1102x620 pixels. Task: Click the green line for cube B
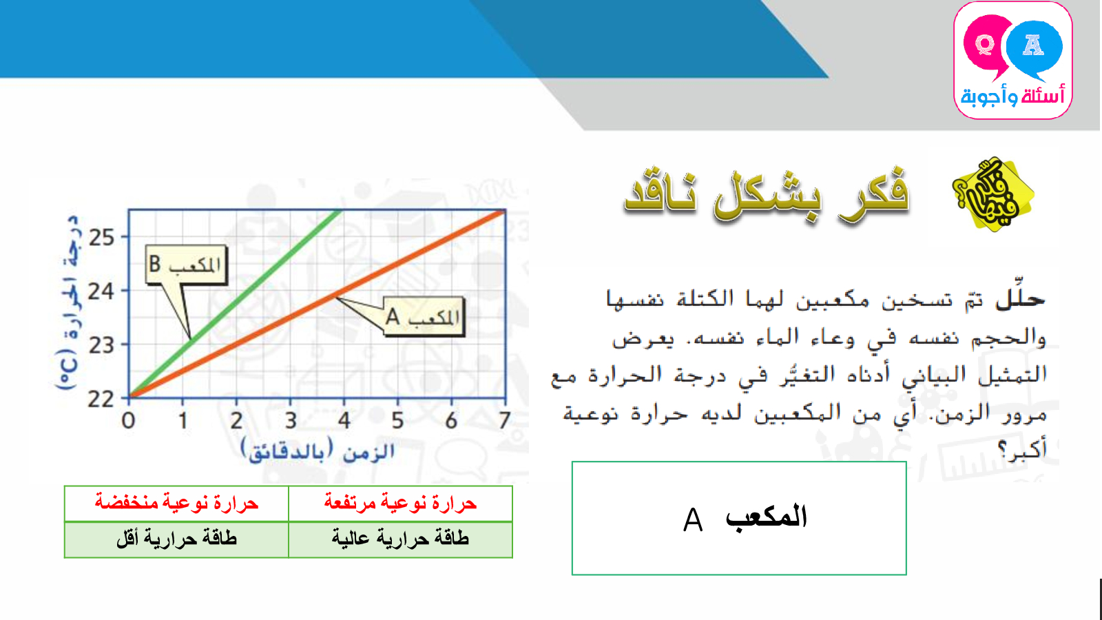(235, 303)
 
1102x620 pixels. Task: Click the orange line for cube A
(318, 304)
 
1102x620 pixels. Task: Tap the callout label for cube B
(186, 265)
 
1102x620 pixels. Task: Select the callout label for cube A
(424, 317)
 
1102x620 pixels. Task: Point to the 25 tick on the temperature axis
(101, 238)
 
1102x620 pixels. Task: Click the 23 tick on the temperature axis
(101, 345)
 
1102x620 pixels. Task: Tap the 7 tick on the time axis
(504, 421)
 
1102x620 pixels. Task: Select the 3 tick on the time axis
(291, 421)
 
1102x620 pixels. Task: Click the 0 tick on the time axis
(128, 421)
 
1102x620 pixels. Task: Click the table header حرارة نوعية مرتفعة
(400, 503)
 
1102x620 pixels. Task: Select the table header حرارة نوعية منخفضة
(176, 503)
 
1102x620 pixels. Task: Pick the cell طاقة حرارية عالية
(400, 539)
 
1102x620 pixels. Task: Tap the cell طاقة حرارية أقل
(176, 539)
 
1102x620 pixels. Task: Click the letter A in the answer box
(693, 519)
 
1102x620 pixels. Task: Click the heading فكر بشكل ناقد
(767, 195)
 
